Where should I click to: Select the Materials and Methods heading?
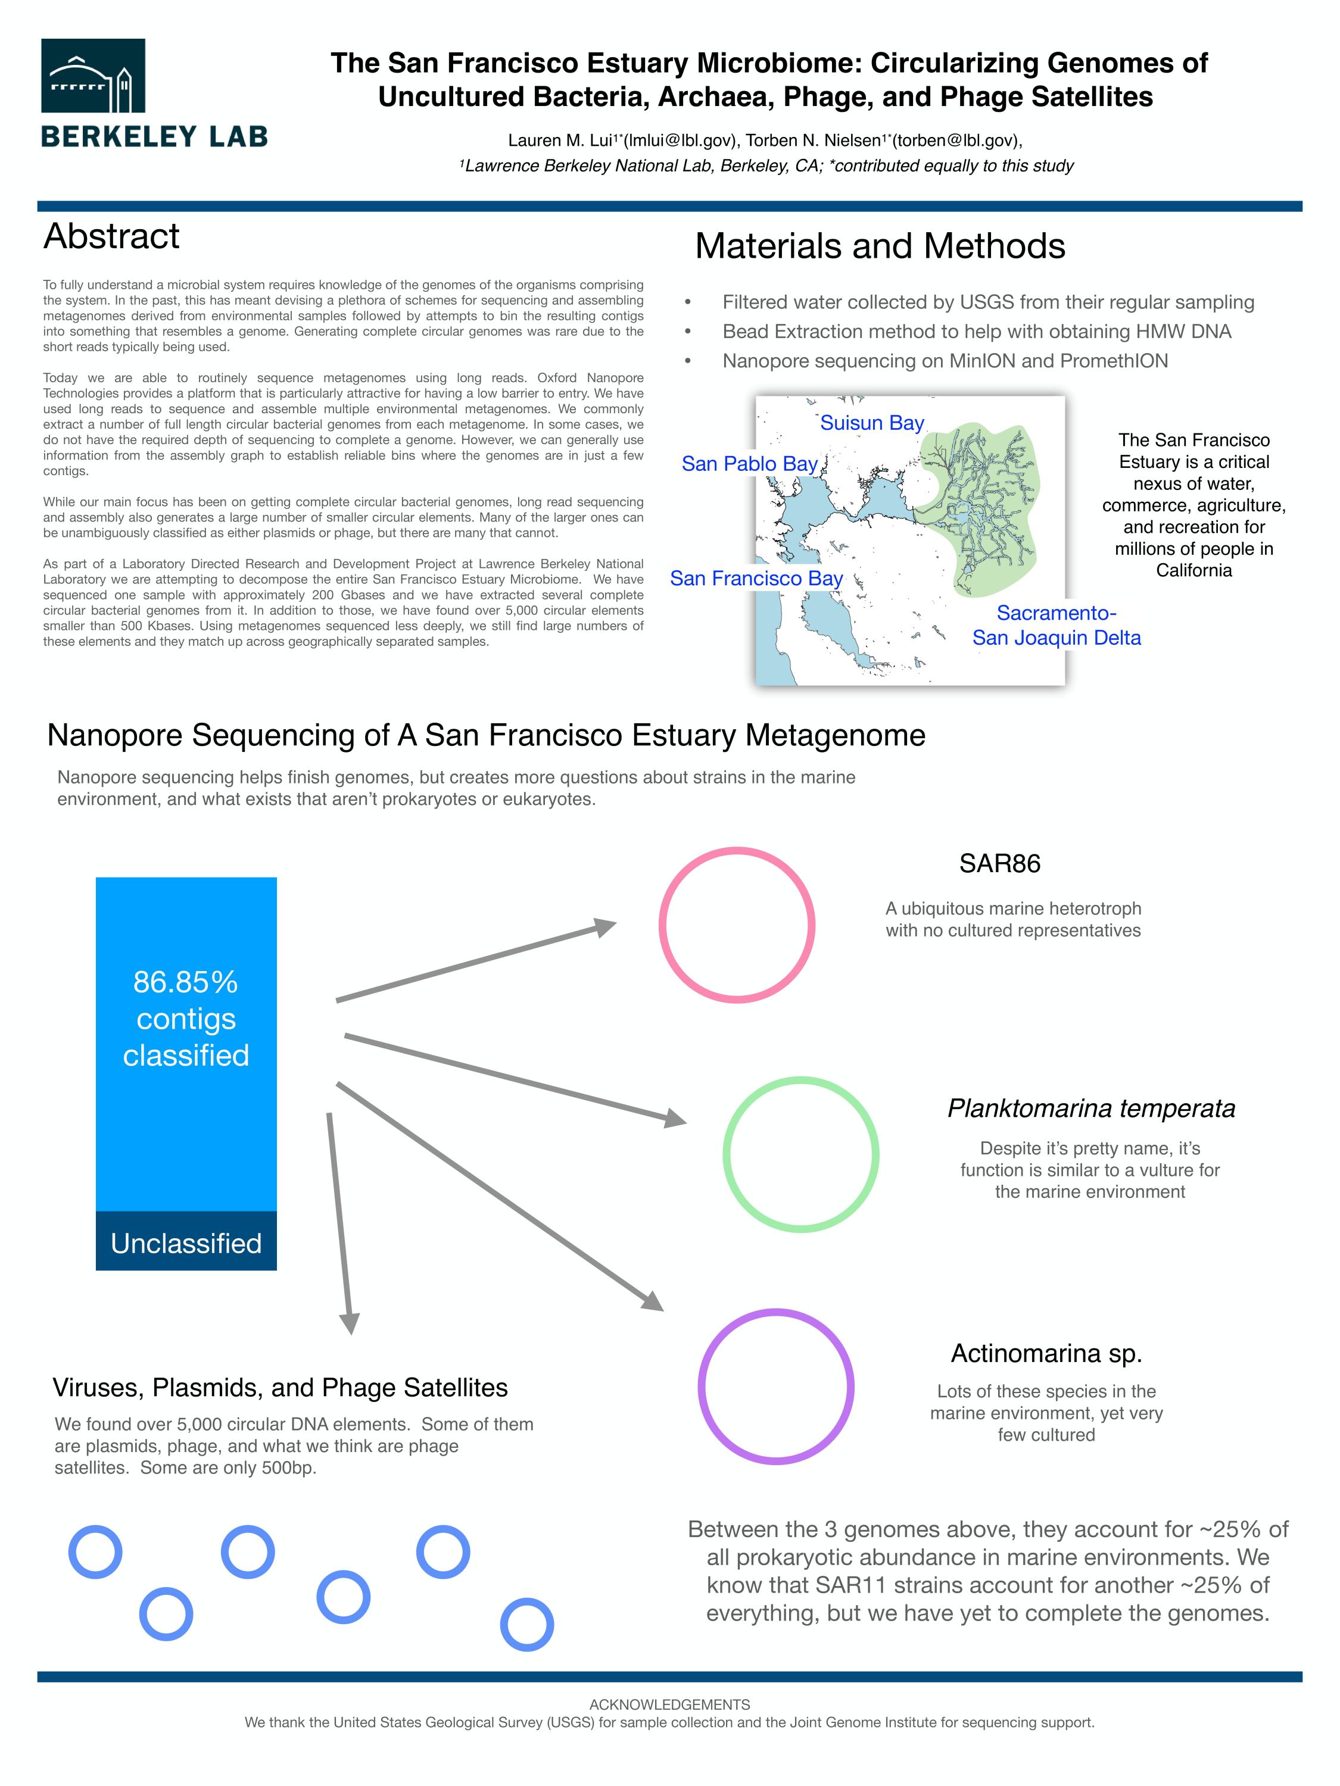pos(880,246)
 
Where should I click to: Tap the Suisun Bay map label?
pos(871,423)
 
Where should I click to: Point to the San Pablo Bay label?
pos(749,463)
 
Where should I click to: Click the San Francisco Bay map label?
pos(755,578)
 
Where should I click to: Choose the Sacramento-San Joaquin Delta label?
pos(1056,625)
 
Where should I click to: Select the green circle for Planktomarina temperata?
pos(800,1154)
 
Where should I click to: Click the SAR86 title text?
pos(999,863)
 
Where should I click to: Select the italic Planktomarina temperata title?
pos(1090,1108)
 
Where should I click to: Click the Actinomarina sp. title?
pos(1046,1353)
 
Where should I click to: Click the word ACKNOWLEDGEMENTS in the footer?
pos(669,1704)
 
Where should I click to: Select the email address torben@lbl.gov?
pos(955,140)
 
